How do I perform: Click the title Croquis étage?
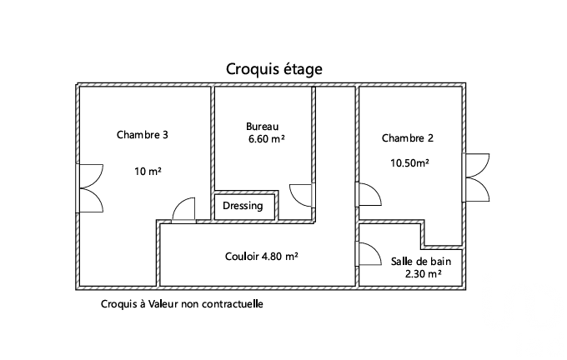pyautogui.click(x=274, y=69)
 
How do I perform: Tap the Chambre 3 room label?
pyautogui.click(x=143, y=135)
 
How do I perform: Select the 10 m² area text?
pyautogui.click(x=148, y=171)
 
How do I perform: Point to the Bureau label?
pyautogui.click(x=262, y=127)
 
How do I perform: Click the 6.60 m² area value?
pyautogui.click(x=267, y=139)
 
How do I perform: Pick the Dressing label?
pyautogui.click(x=243, y=206)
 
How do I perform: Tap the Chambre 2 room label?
pyautogui.click(x=408, y=138)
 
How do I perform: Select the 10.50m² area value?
pyautogui.click(x=409, y=163)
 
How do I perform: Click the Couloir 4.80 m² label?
pyautogui.click(x=262, y=257)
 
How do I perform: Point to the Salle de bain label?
pyautogui.click(x=421, y=262)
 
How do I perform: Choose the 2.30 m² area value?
pyautogui.click(x=423, y=274)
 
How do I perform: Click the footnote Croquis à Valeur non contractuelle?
pyautogui.click(x=182, y=304)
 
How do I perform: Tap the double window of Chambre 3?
pyautogui.click(x=90, y=188)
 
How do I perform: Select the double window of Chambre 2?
pyautogui.click(x=476, y=177)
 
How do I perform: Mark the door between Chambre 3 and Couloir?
pyautogui.click(x=183, y=210)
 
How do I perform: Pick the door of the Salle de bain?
pyautogui.click(x=369, y=253)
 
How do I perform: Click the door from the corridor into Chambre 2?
pyautogui.click(x=369, y=194)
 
